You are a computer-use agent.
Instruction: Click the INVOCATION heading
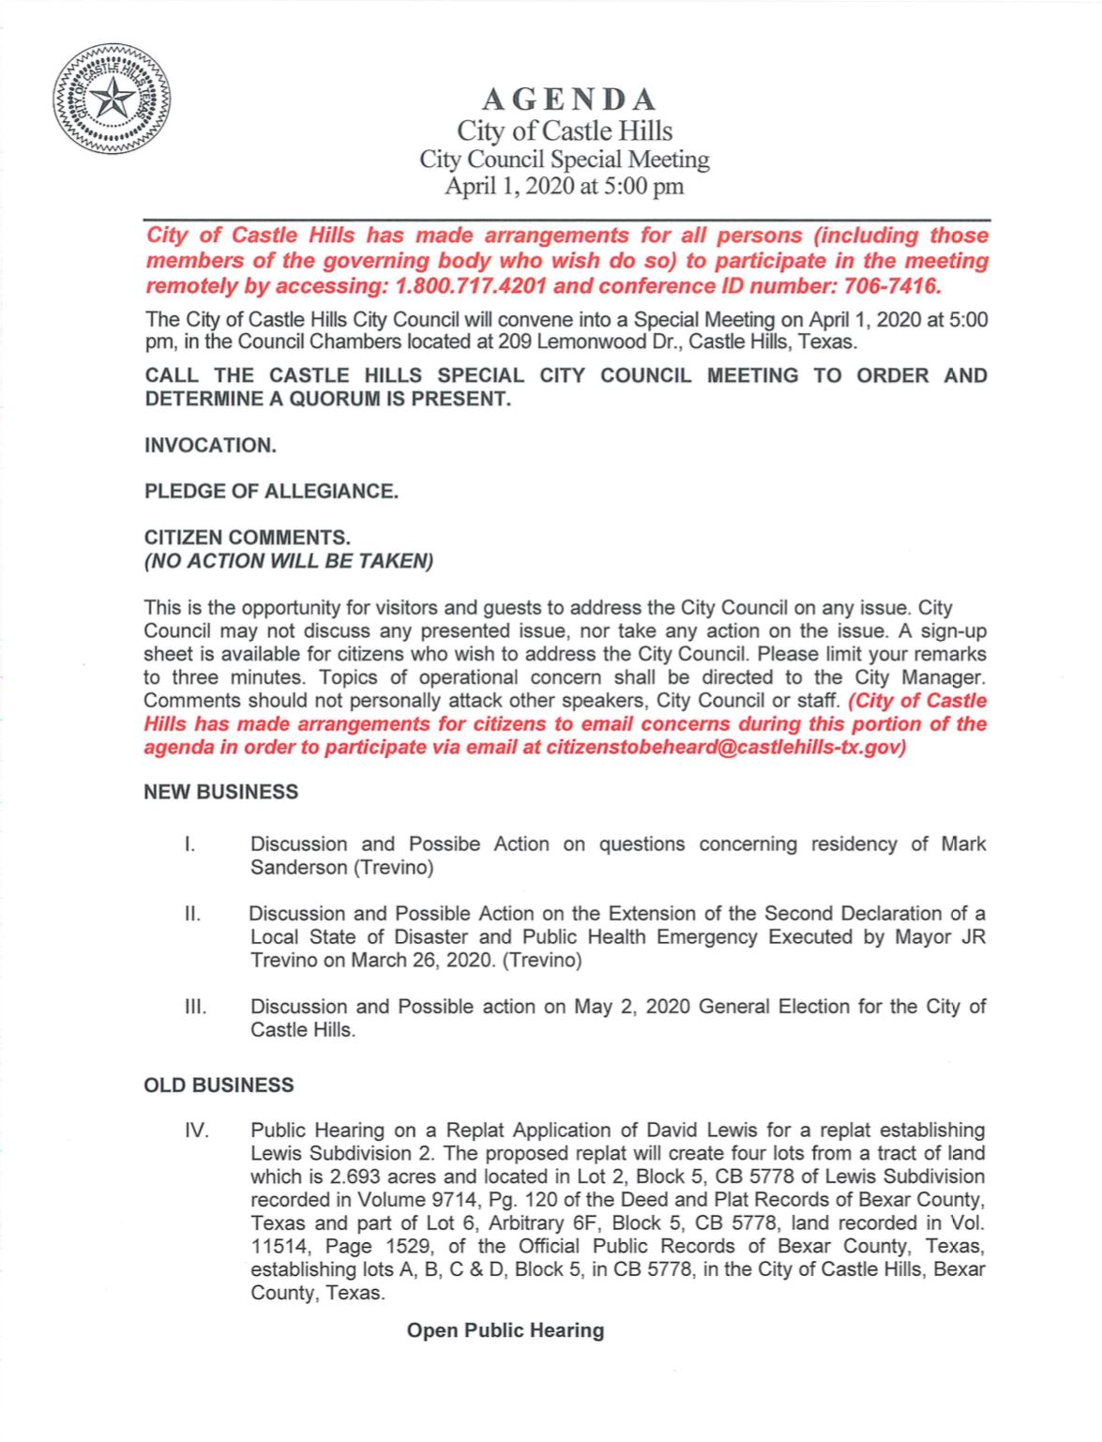tap(210, 446)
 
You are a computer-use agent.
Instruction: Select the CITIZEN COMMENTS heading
tap(248, 538)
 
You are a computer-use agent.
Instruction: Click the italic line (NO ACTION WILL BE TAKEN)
tap(289, 562)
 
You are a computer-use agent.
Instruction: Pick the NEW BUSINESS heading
tap(221, 793)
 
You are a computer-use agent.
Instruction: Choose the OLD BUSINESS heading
tap(219, 1085)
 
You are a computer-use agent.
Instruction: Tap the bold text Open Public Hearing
tap(506, 1330)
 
